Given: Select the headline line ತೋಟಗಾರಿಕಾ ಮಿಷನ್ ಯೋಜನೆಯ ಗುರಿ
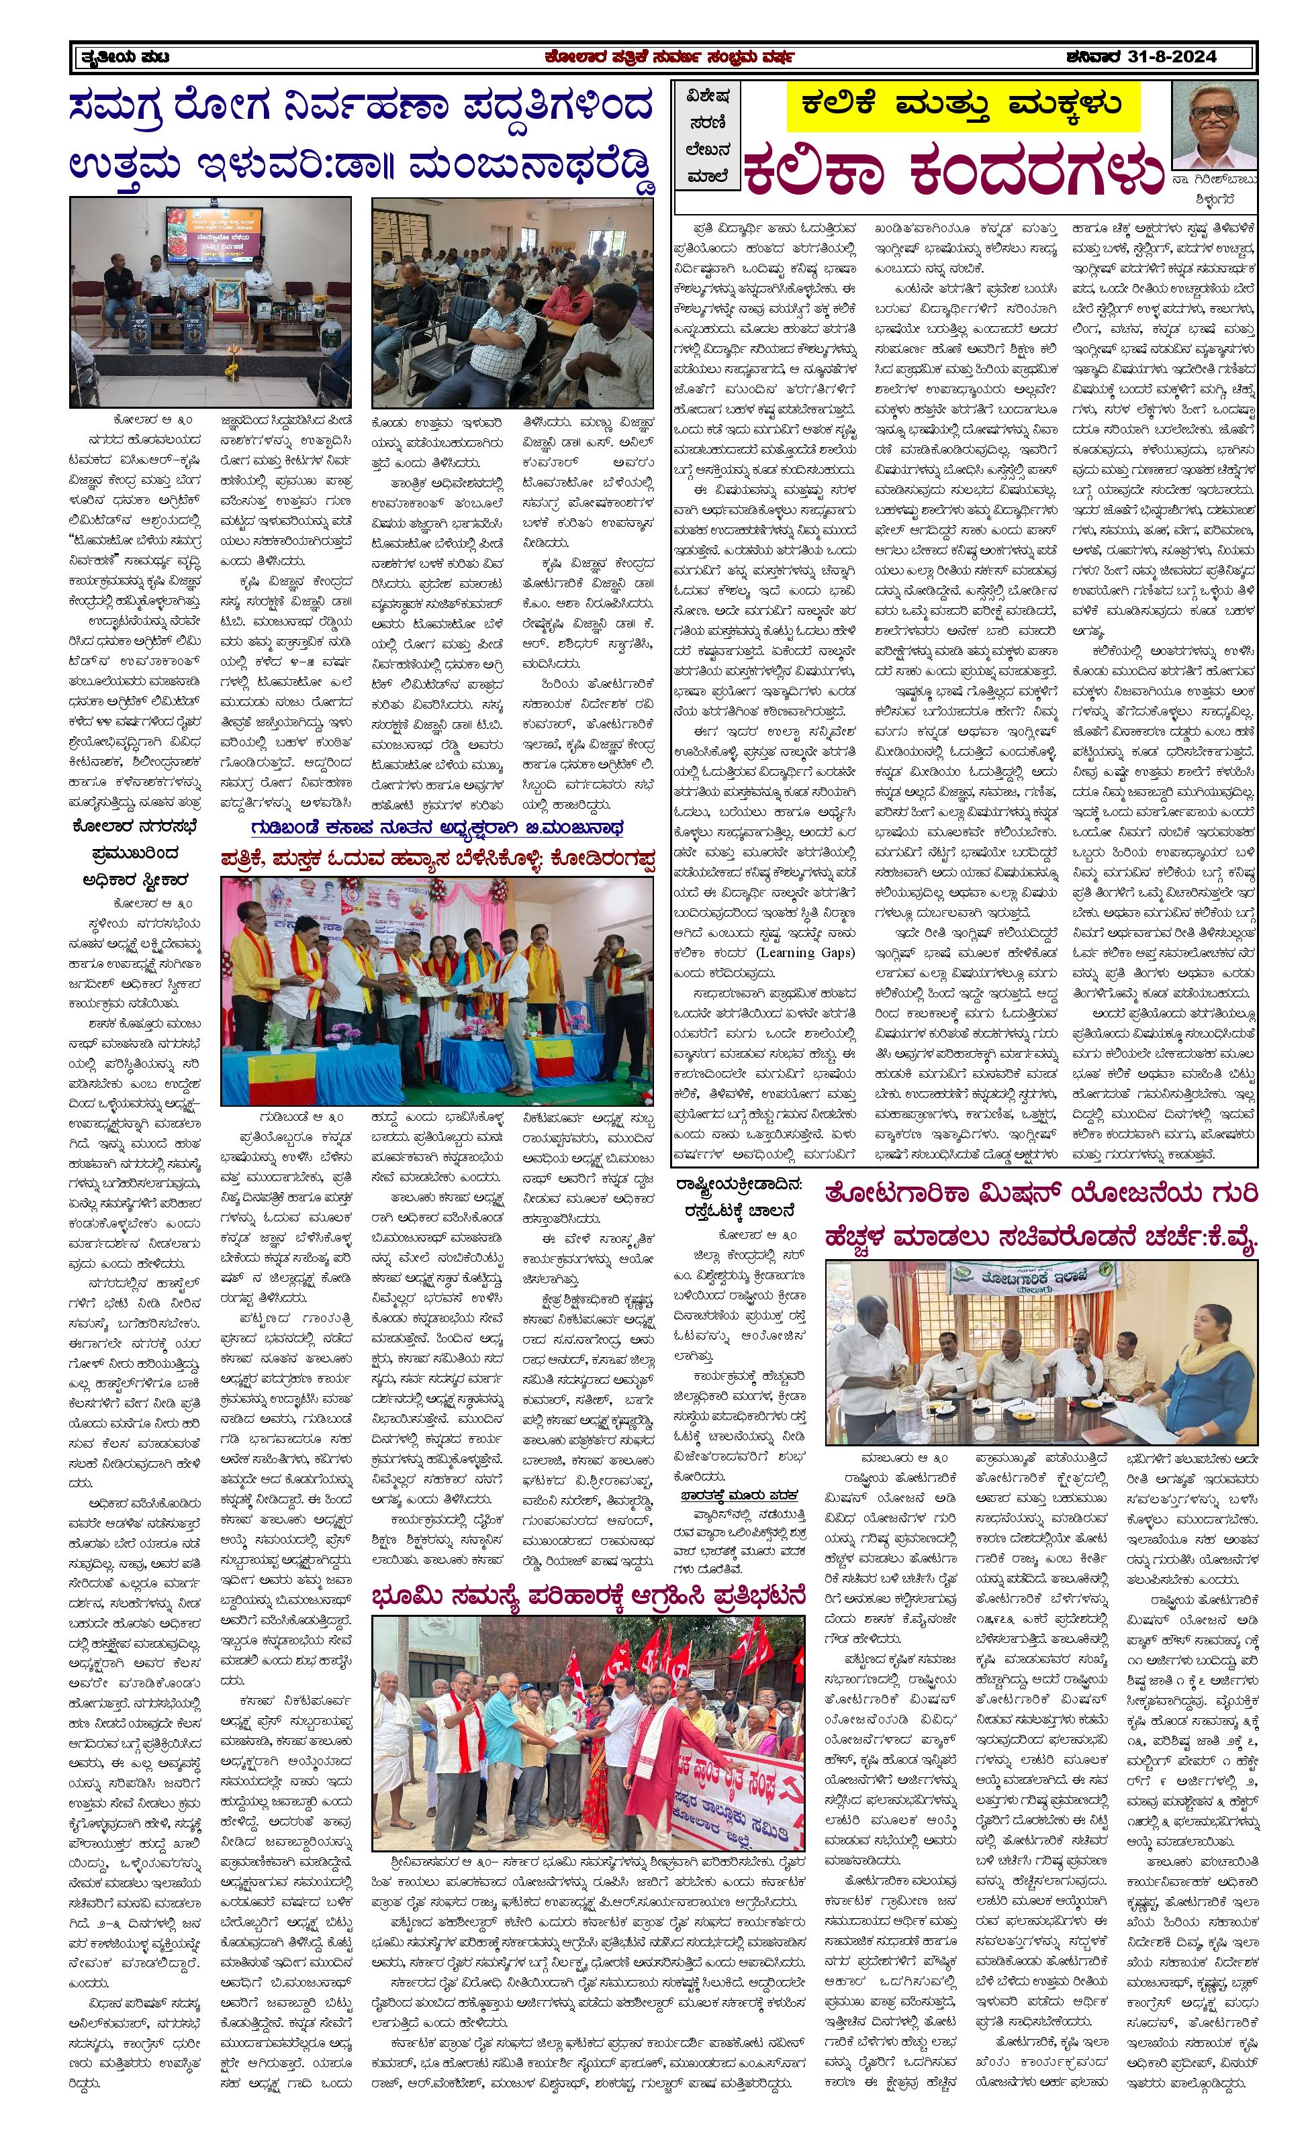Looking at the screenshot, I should [x=1040, y=1195].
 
